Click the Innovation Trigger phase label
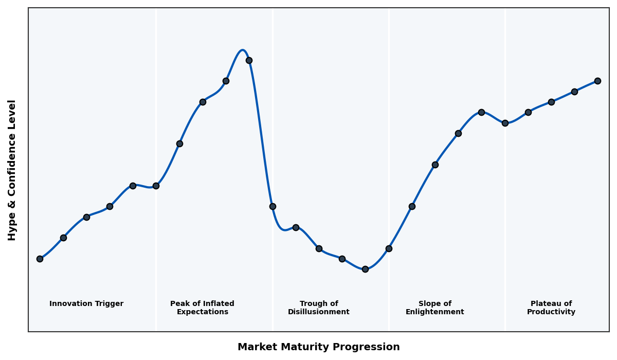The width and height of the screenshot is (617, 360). [x=86, y=304]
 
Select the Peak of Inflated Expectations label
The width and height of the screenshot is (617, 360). [x=202, y=308]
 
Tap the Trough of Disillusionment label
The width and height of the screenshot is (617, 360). [x=319, y=308]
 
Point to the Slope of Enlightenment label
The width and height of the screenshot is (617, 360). [x=435, y=308]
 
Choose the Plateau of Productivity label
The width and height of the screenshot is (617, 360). [x=551, y=308]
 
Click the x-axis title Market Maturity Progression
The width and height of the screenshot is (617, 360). [x=318, y=347]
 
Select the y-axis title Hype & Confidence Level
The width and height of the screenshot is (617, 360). [x=12, y=170]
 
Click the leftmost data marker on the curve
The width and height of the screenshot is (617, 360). [x=40, y=259]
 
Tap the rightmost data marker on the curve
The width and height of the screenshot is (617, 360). [x=597, y=81]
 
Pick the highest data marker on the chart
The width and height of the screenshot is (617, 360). [x=249, y=60]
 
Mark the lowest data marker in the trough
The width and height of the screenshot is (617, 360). [x=365, y=269]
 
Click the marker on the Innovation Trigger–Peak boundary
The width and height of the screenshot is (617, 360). [x=156, y=186]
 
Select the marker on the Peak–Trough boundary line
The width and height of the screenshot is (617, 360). [x=273, y=206]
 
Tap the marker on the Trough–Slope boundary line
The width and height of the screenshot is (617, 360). [x=389, y=248]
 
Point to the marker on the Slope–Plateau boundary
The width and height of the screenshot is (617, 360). [x=505, y=123]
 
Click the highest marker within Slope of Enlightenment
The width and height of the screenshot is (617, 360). [x=481, y=112]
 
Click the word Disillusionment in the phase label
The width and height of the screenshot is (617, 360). [x=319, y=312]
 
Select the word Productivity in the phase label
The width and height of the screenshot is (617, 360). [x=551, y=312]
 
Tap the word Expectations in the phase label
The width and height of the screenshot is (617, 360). [x=202, y=312]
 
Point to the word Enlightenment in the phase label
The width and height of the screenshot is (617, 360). [x=435, y=312]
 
